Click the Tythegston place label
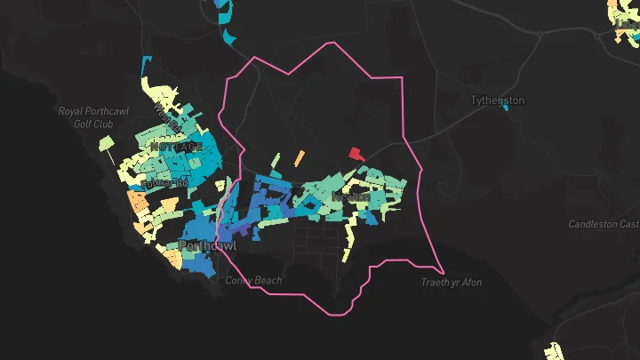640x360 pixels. (x=498, y=100)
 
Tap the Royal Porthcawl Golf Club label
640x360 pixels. (x=86, y=117)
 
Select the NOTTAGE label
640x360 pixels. (x=176, y=146)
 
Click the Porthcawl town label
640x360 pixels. (x=207, y=245)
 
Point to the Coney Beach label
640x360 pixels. (x=253, y=281)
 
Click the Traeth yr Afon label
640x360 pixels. (x=452, y=283)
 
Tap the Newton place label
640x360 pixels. (x=350, y=196)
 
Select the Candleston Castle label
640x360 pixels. (x=604, y=225)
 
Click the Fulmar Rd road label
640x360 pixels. (x=171, y=182)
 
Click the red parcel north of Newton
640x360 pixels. (x=356, y=154)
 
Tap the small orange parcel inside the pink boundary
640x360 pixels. (x=299, y=158)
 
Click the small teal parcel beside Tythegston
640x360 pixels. (x=506, y=108)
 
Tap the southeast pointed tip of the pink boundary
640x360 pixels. (x=443, y=271)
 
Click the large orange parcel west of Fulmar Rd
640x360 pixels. (x=138, y=201)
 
